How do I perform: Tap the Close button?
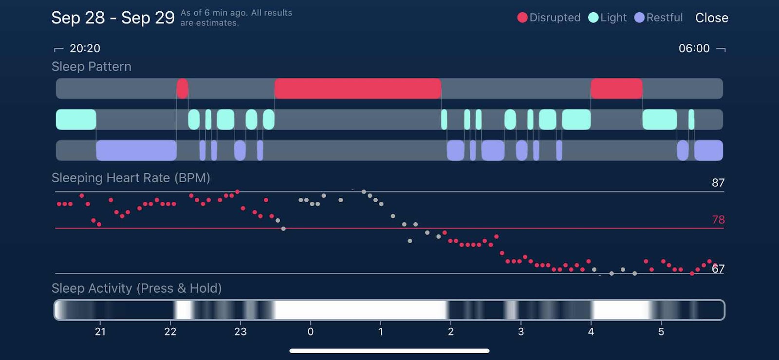point(711,18)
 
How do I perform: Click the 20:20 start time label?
point(85,48)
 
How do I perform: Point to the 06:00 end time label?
point(694,48)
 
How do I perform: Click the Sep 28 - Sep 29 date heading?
point(113,18)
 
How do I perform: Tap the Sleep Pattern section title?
point(92,67)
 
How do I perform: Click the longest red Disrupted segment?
point(357,89)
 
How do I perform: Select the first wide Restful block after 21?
point(136,150)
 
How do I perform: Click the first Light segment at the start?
point(76,119)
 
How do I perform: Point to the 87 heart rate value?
point(718,183)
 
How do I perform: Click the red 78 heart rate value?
point(718,220)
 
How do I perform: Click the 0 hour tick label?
point(311,332)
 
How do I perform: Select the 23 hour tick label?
point(241,332)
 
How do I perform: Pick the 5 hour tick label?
point(661,332)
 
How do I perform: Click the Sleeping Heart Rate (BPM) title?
point(131,178)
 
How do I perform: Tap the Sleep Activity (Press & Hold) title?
point(136,288)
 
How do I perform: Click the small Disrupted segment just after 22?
point(182,89)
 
